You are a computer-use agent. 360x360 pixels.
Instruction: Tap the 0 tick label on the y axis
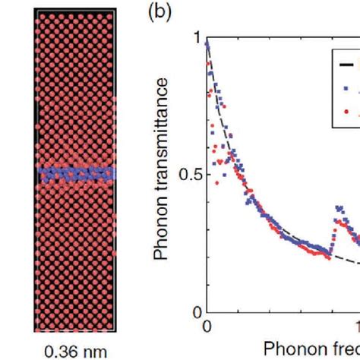(x=197, y=311)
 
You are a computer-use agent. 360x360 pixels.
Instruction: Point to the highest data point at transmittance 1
(x=208, y=46)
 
